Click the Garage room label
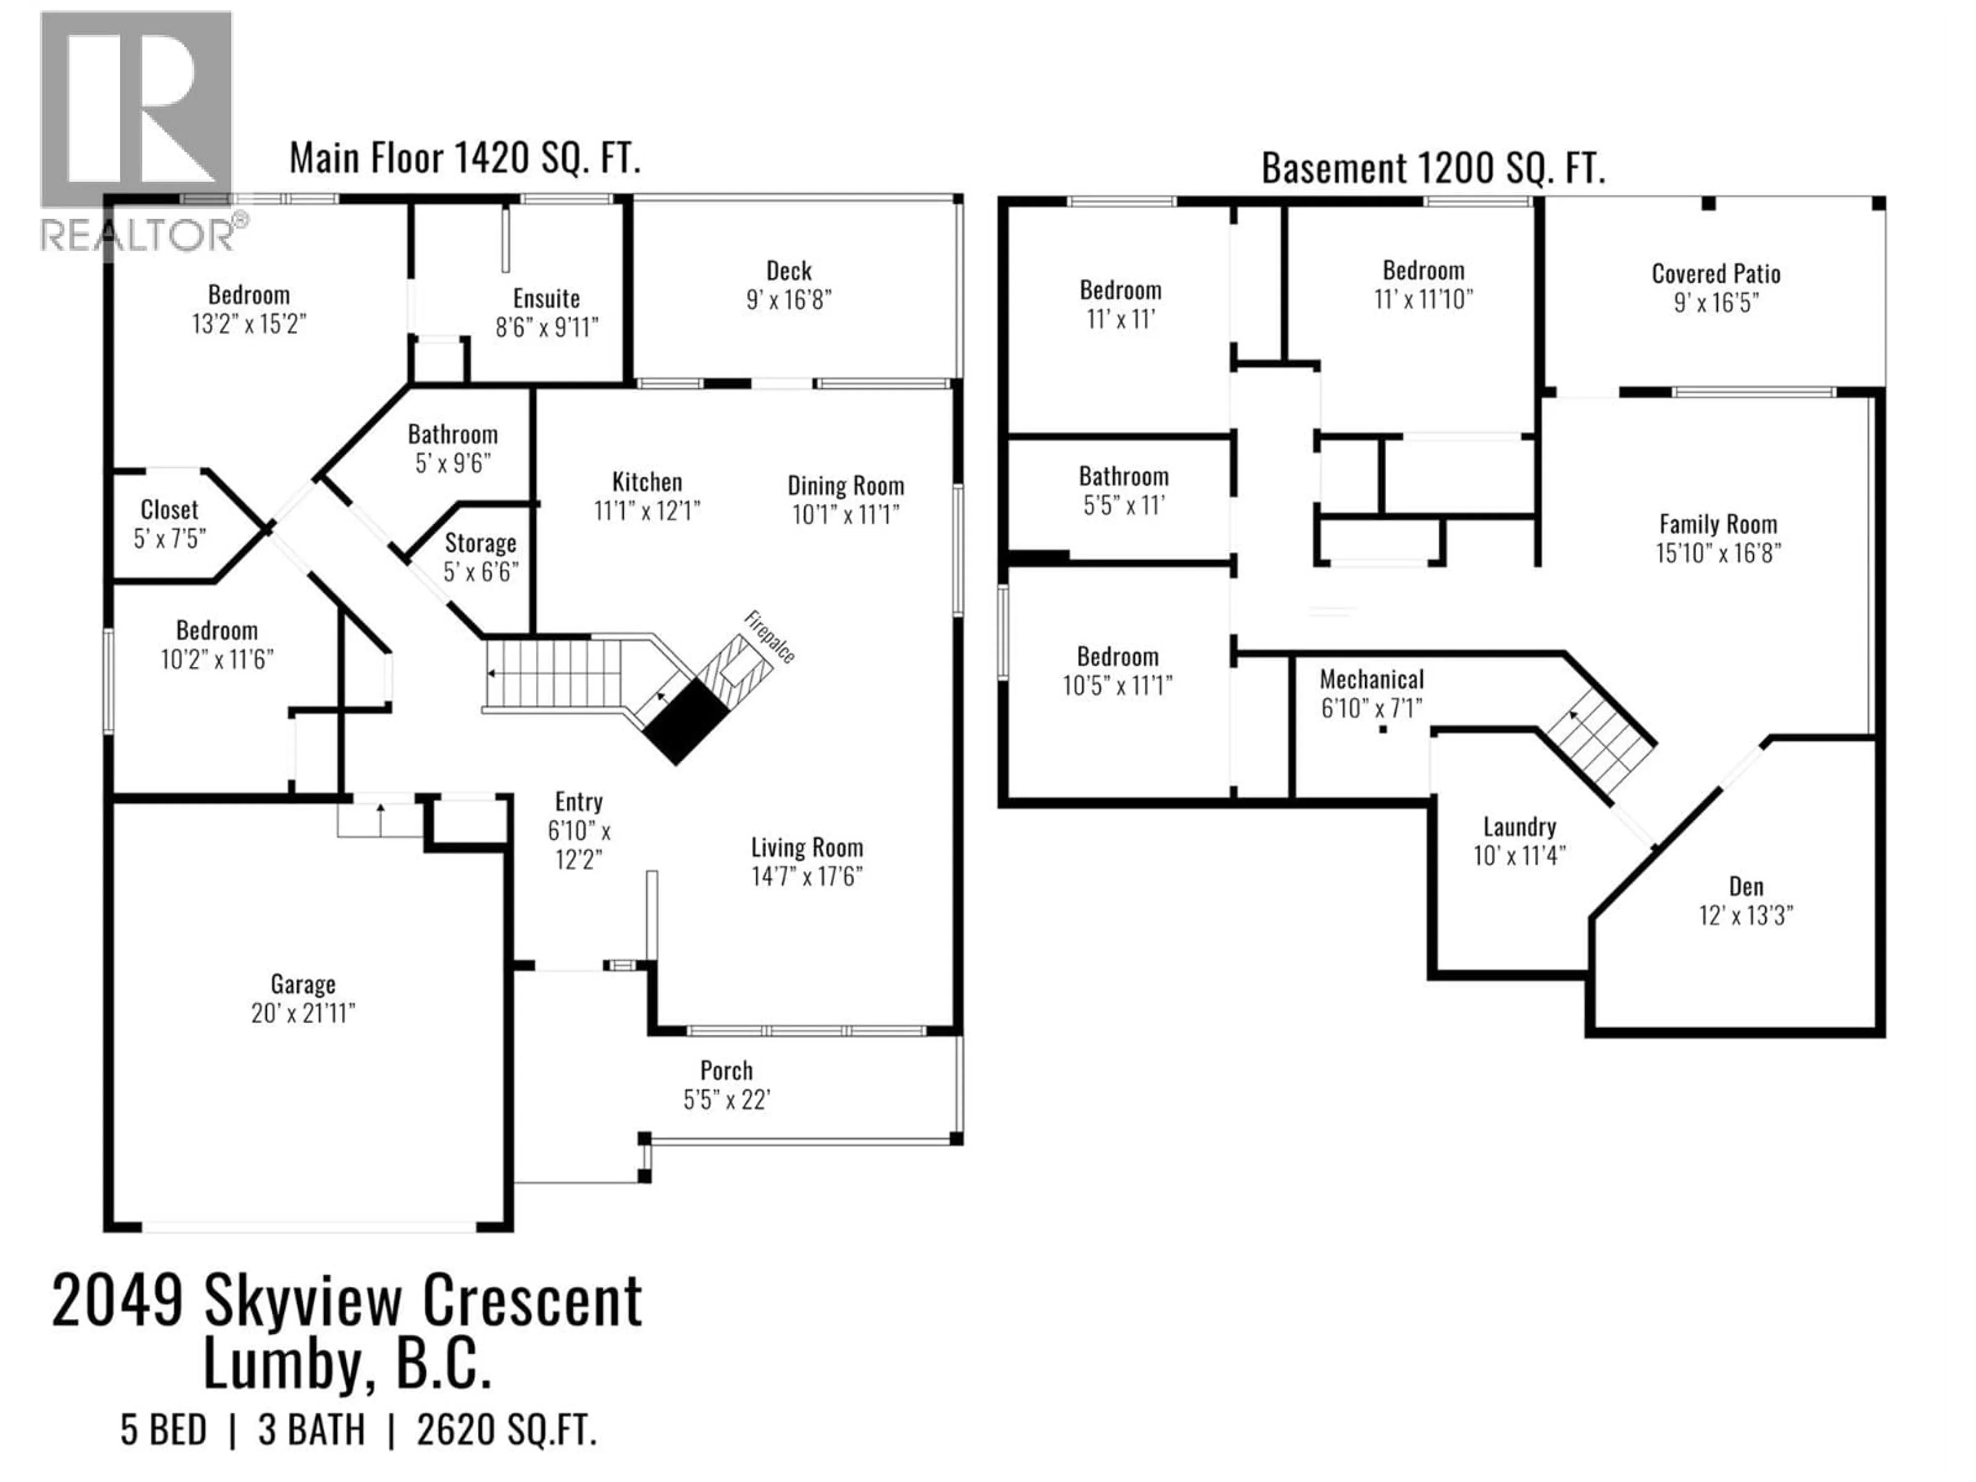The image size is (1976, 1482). click(303, 984)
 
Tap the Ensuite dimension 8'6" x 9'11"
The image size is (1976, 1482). click(546, 328)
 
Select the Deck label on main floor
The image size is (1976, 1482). click(789, 271)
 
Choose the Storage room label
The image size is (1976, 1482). click(481, 543)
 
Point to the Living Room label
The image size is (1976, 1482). click(807, 848)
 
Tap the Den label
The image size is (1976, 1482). click(1745, 887)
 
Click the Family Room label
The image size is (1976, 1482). click(1717, 524)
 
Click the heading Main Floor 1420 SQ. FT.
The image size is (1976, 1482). click(465, 159)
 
